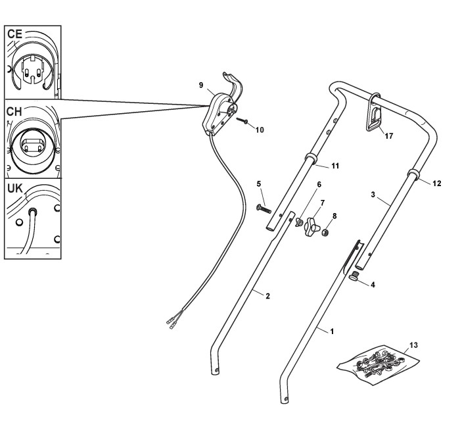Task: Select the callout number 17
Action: click(389, 136)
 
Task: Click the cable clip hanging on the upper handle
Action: click(375, 114)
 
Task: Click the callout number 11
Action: click(335, 166)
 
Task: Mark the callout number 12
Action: click(437, 183)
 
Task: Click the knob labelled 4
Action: click(356, 276)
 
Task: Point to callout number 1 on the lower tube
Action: click(332, 331)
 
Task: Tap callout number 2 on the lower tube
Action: click(268, 296)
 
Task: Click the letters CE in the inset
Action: click(14, 34)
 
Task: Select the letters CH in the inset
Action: click(14, 111)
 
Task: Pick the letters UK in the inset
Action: click(14, 189)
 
